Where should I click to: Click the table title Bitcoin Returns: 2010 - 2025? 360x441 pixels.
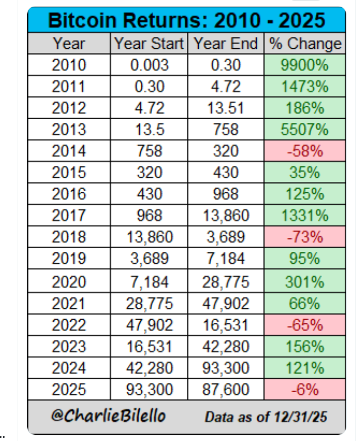pos(186,21)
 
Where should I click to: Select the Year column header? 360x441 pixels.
pos(69,44)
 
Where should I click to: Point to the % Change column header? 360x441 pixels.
pos(305,44)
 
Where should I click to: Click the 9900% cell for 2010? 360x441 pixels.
pos(305,65)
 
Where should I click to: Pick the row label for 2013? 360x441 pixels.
pos(69,130)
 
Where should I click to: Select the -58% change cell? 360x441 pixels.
pos(305,152)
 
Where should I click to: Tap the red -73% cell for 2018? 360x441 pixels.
pos(305,238)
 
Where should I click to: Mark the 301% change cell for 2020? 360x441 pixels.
pos(305,282)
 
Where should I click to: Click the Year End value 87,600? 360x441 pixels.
pos(226,390)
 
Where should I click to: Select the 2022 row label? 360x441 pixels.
pos(69,325)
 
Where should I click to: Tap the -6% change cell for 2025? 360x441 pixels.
pos(305,390)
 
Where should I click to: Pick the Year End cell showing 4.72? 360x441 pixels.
pos(226,87)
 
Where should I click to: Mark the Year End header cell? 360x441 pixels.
pos(226,44)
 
